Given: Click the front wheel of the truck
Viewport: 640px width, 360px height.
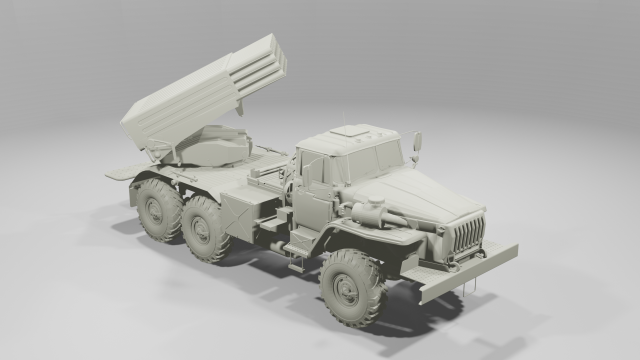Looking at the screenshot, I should pos(352,287).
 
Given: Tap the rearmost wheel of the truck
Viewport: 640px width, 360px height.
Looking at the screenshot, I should pos(159,208).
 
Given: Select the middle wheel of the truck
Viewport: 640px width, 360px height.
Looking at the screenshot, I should pos(208,228).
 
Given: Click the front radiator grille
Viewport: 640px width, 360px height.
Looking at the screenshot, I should pos(468,236).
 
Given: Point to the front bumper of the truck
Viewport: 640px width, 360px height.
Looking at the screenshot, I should pos(470,271).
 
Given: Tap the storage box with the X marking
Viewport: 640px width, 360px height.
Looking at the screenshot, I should pos(243,214).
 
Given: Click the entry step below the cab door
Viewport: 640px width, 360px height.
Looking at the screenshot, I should pos(300,245).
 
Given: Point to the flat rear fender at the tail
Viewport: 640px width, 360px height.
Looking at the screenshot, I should pos(120,173).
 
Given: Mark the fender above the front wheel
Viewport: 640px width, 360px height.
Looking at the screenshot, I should pos(365,240).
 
